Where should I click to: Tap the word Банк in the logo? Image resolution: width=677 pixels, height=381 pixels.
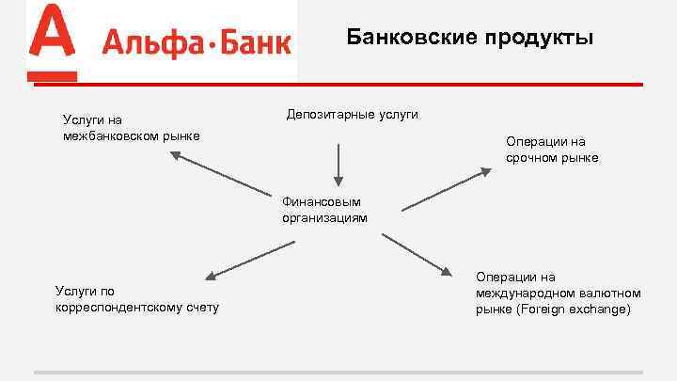253,42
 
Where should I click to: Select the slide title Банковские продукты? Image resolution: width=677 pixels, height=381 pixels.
470,37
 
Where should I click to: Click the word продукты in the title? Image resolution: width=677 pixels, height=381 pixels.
540,38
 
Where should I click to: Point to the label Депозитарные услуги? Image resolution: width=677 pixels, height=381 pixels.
353,115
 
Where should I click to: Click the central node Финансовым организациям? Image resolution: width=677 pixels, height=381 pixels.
324,209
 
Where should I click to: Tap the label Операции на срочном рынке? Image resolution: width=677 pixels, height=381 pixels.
551,149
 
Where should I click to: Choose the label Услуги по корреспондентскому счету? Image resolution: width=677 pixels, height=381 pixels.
137,299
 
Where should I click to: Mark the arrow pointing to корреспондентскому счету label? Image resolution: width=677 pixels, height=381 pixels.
248,259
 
